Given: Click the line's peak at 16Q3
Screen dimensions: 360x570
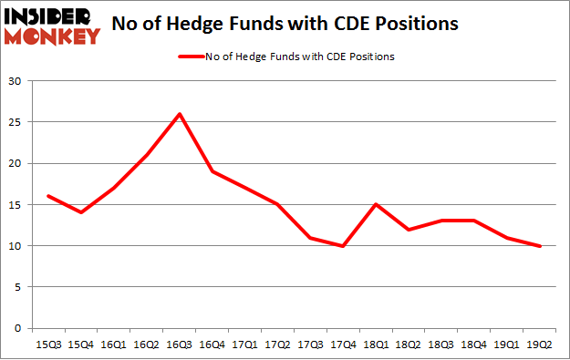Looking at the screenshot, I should point(180,114).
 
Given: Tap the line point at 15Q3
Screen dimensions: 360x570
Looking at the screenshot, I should point(47,196).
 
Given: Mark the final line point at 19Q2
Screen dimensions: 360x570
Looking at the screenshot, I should point(539,245).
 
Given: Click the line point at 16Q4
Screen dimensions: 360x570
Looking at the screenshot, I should point(212,171).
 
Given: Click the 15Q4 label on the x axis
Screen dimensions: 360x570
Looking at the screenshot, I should point(80,345).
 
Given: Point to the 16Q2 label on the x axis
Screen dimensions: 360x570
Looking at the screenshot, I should point(146,345).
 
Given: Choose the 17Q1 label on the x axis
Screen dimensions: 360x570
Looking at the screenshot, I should point(245,345).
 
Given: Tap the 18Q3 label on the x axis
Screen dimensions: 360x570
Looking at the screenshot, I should point(440,345).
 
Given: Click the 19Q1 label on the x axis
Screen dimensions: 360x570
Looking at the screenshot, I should point(506,345).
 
